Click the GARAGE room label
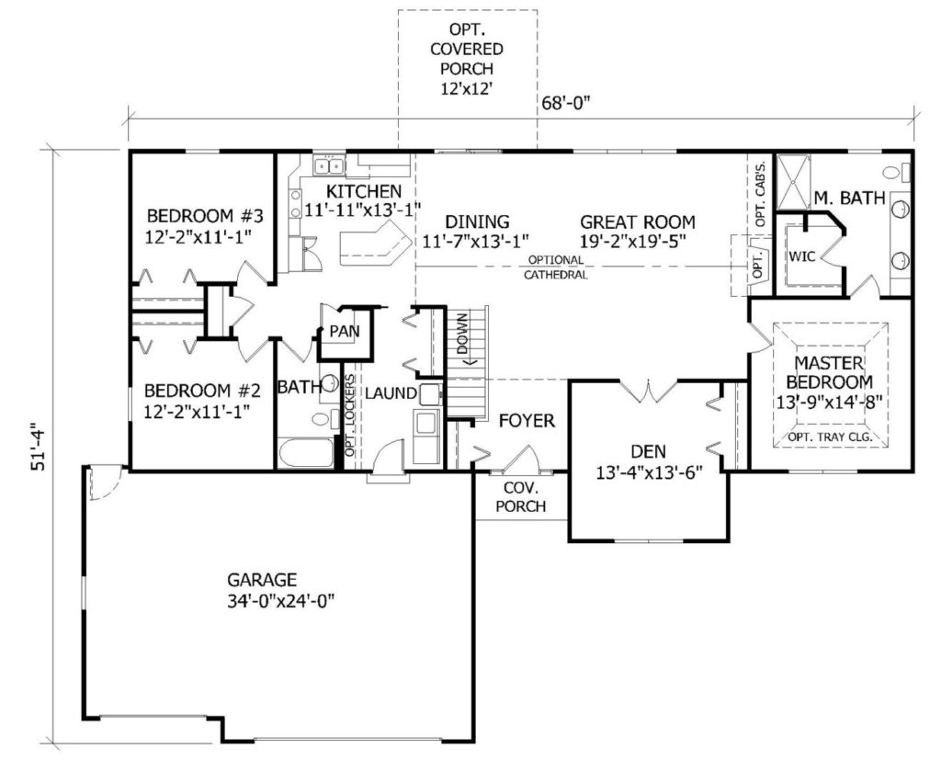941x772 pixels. pyautogui.click(x=262, y=580)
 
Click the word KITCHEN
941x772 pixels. pyautogui.click(x=364, y=191)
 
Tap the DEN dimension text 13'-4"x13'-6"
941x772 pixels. pyautogui.click(x=650, y=471)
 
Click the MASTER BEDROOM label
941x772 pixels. pyautogui.click(x=830, y=372)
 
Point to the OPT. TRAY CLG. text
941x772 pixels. pyautogui.click(x=830, y=437)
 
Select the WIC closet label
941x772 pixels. pyautogui.click(x=801, y=257)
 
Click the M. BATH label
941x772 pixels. pyautogui.click(x=849, y=197)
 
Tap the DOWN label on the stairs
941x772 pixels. pyautogui.click(x=462, y=334)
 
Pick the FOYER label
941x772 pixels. pyautogui.click(x=527, y=421)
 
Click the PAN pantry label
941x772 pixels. pyautogui.click(x=345, y=332)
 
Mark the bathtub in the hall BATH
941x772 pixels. pyautogui.click(x=305, y=453)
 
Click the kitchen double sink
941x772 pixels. pyautogui.click(x=329, y=165)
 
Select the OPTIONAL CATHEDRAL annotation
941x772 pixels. pyautogui.click(x=555, y=267)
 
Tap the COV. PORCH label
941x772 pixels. pyautogui.click(x=521, y=496)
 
